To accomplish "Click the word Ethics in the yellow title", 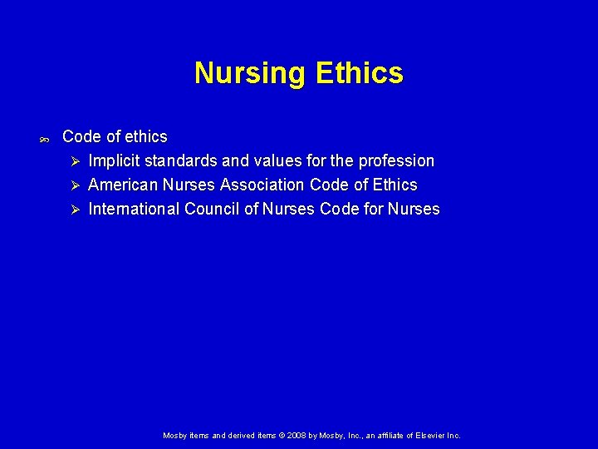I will (359, 73).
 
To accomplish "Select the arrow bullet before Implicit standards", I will (74, 160).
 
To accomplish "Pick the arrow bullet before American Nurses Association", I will (74, 185).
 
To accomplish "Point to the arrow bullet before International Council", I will (74, 209).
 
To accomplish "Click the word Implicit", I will (113, 160).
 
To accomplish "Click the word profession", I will (396, 160).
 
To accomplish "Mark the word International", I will (133, 209).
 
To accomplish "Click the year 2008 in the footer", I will (297, 435).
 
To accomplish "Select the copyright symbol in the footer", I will (282, 435).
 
